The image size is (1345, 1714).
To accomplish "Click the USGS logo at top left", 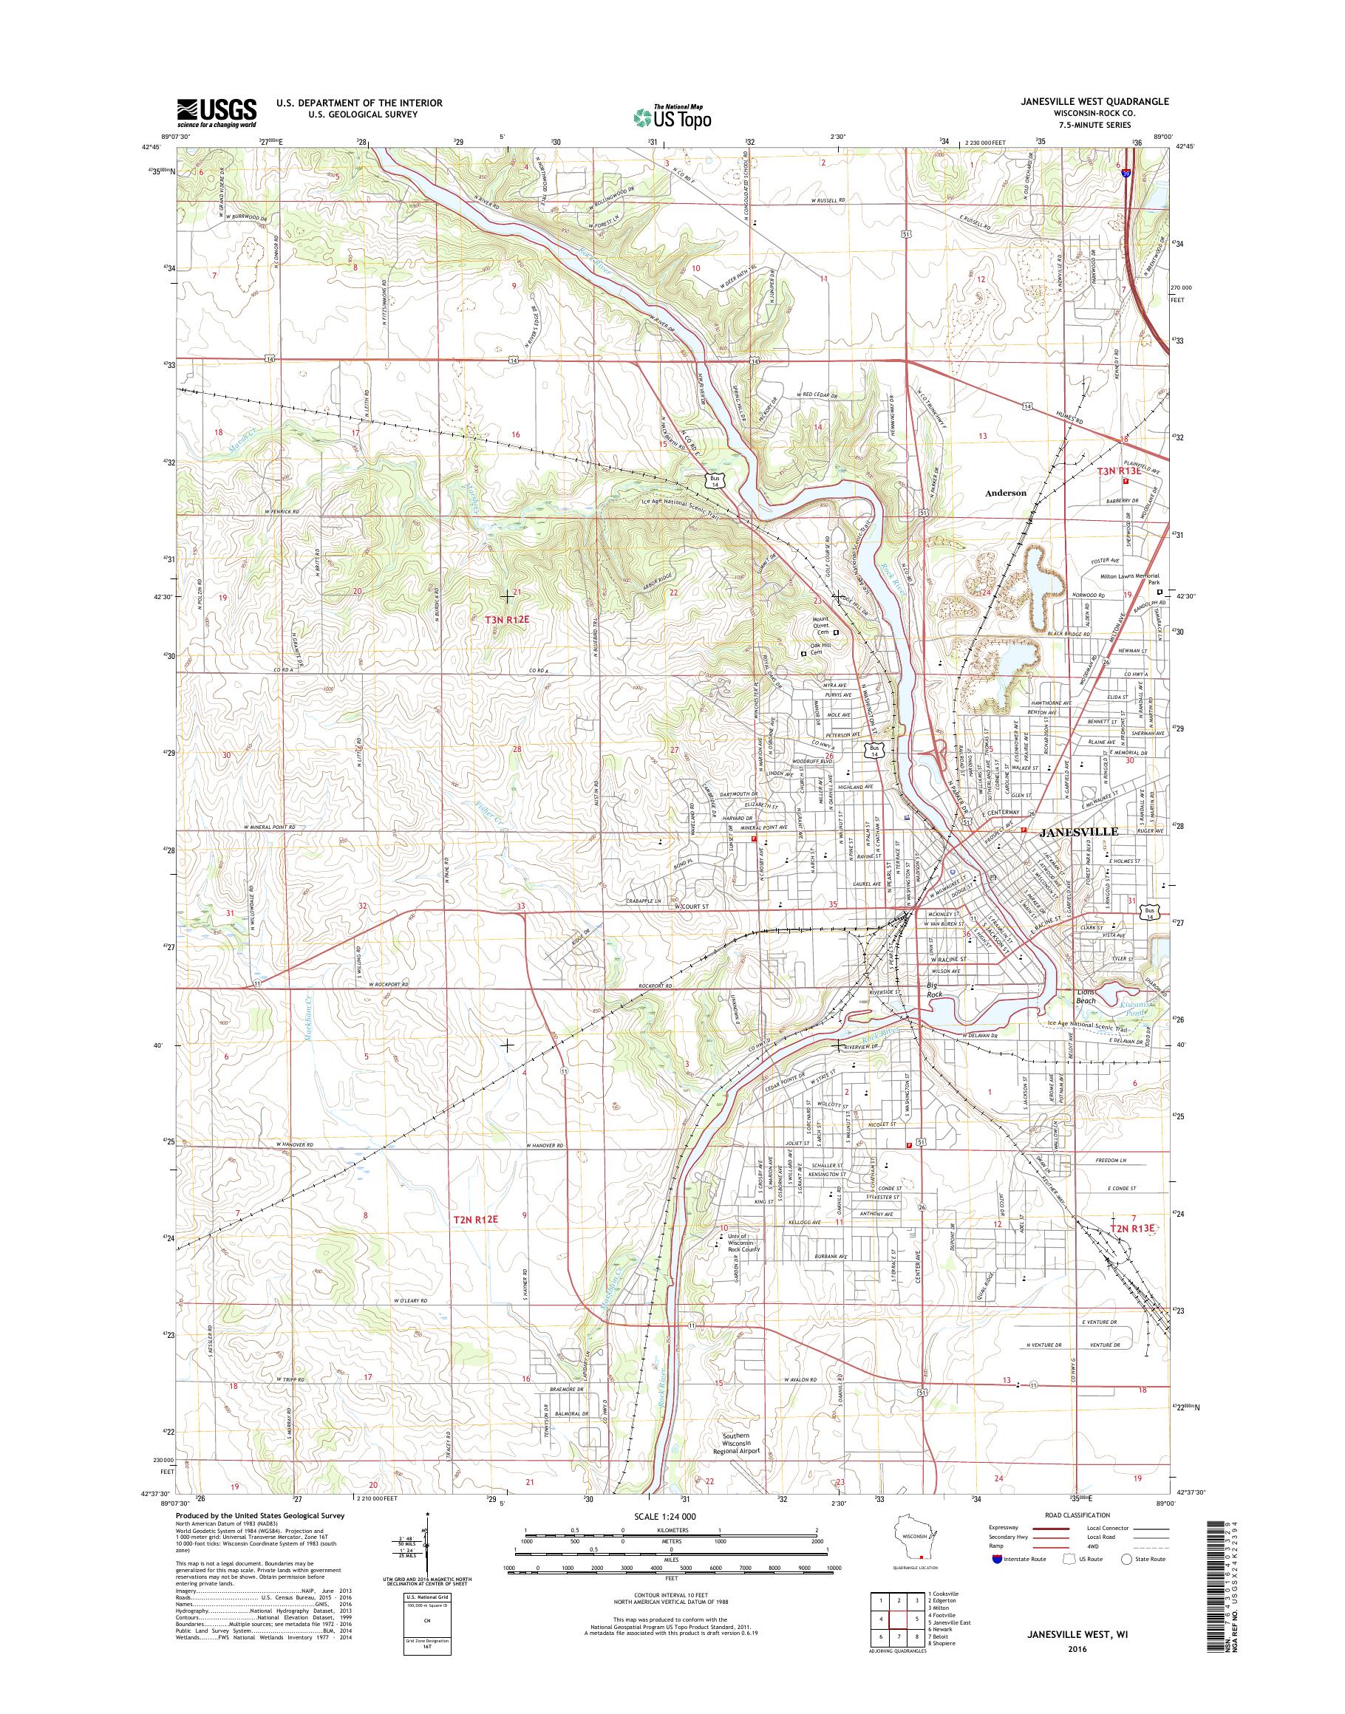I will point(217,112).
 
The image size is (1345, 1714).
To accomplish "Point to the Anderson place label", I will point(1006,492).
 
